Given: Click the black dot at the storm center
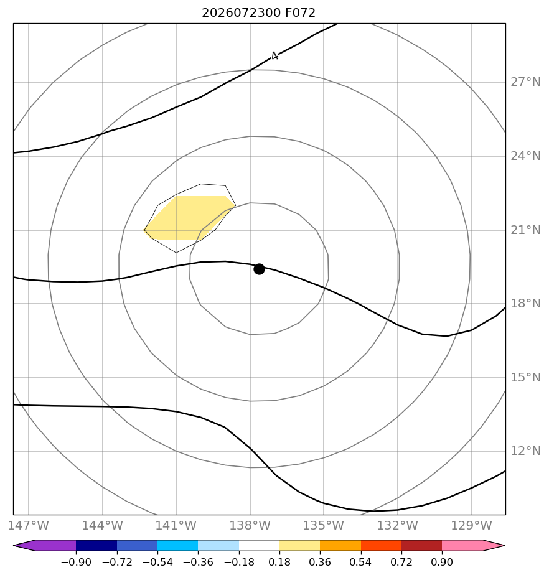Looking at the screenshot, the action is [259, 269].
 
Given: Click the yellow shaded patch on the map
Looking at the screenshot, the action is [187, 218].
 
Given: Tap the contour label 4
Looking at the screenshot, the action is [274, 56].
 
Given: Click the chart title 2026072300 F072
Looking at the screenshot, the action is [258, 13].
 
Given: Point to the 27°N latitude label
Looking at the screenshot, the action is [525, 82].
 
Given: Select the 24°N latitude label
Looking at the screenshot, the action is [525, 156].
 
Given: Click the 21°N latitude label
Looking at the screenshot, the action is [525, 230].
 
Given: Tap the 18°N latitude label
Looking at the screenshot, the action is [525, 303].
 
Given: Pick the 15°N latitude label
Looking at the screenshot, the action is [525, 377].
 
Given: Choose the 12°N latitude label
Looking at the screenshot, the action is [525, 451].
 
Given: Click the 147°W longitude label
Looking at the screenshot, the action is [28, 525].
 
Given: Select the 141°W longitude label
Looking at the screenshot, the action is [176, 525].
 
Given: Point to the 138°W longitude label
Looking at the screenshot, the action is [250, 525].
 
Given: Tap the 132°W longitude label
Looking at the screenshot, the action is [398, 525].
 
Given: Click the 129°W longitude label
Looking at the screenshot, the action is [471, 525].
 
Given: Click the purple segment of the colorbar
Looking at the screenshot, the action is [48, 545].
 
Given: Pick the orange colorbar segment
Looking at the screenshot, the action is [340, 545].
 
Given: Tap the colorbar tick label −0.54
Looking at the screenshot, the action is [157, 562].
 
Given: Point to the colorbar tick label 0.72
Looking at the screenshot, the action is [401, 562].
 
